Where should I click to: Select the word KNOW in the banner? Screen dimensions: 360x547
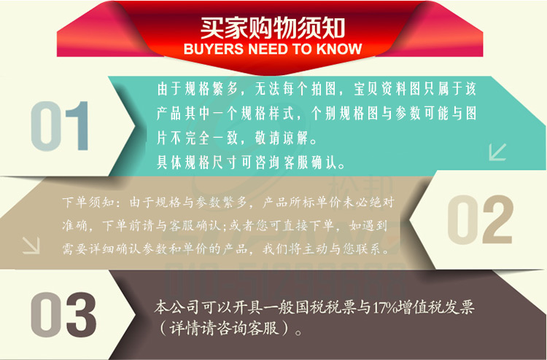pyautogui.click(x=338, y=50)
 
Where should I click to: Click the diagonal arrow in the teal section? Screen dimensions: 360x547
pyautogui.click(x=497, y=152)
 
